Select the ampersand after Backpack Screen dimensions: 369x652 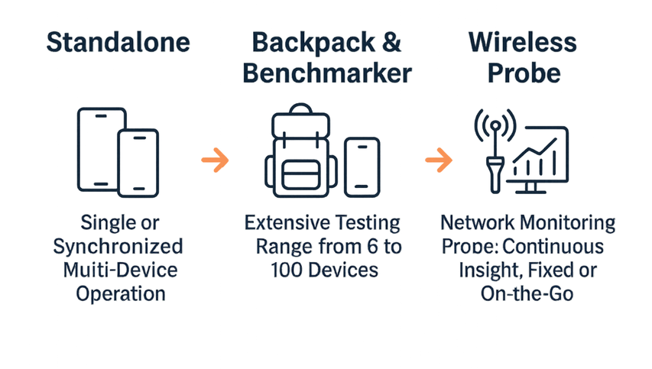(x=391, y=43)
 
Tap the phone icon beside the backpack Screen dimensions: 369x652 (x=362, y=165)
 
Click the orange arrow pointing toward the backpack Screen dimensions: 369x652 (x=215, y=160)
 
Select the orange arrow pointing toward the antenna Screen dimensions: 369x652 (x=436, y=160)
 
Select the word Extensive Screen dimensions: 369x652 (x=284, y=224)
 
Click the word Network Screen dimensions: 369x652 (x=475, y=224)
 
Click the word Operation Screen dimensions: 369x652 (x=122, y=294)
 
